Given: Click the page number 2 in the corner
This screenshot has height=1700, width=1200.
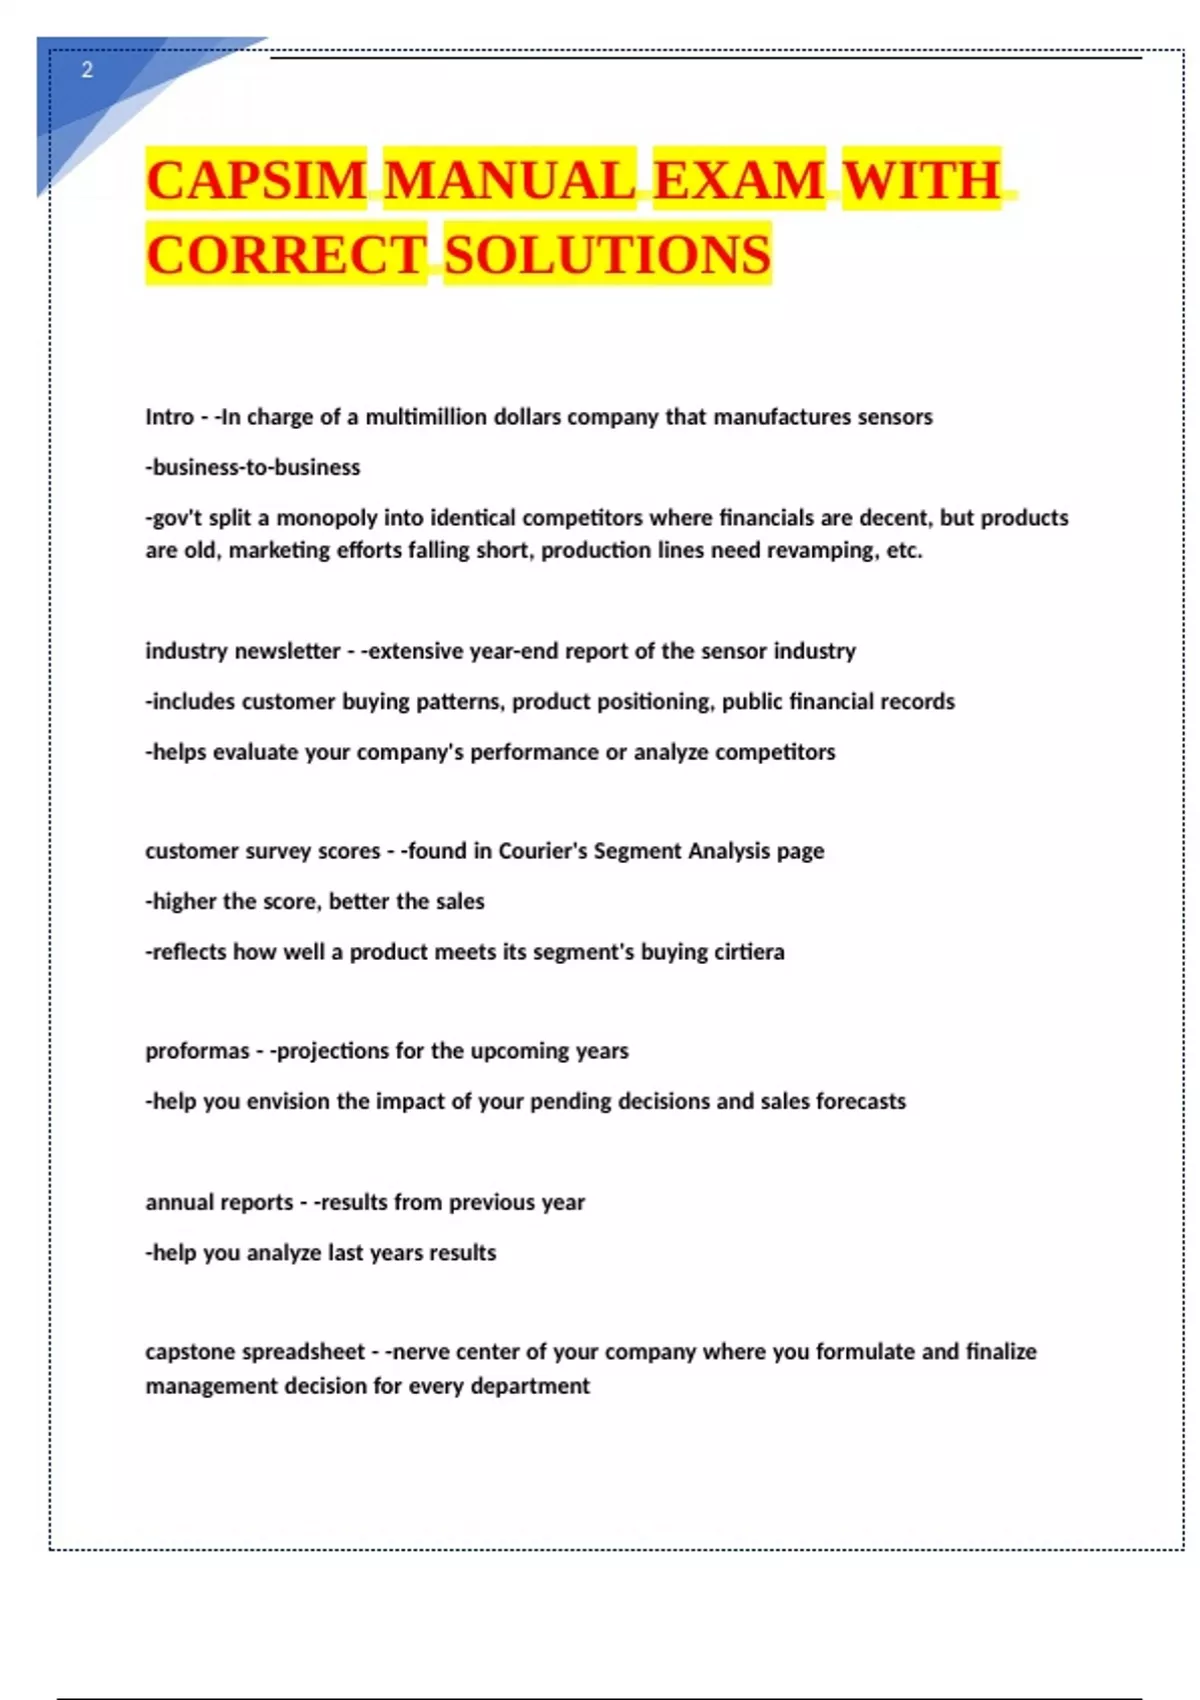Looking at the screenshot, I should click(x=87, y=70).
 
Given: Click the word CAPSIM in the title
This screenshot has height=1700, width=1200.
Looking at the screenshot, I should click(x=256, y=181).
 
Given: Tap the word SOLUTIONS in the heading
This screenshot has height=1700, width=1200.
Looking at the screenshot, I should click(x=607, y=254).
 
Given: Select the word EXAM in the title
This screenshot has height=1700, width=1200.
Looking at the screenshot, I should click(x=739, y=181).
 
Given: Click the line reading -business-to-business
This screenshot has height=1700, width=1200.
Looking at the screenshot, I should click(x=253, y=467).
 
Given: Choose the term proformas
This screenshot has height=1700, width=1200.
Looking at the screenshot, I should click(x=197, y=1051).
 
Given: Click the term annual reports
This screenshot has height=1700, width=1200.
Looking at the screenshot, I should click(x=219, y=1202).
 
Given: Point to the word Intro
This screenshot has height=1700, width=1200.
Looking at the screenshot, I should click(x=169, y=417).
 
